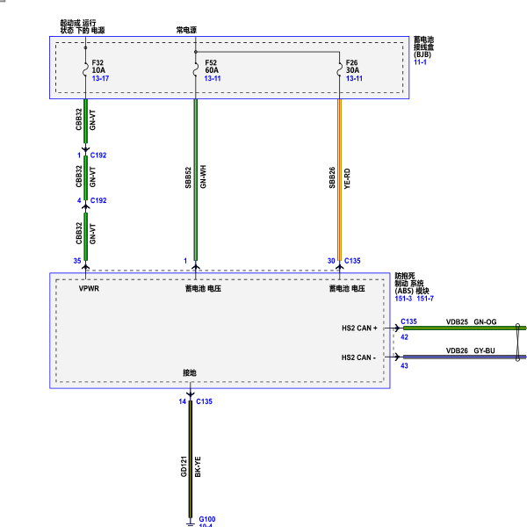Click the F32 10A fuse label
(98, 67)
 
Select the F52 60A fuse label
(212, 67)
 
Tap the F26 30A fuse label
(352, 67)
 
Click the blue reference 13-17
(100, 78)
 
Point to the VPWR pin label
(89, 288)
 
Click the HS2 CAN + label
(359, 328)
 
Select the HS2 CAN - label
(358, 357)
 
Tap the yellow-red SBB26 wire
(339, 180)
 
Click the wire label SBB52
(188, 177)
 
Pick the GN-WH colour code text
(203, 177)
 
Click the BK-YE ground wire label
(198, 467)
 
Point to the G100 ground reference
(207, 519)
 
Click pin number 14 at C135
(182, 401)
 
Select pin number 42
(404, 337)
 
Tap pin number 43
(404, 365)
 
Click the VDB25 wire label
(457, 321)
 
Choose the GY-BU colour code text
(484, 350)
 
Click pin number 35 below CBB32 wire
(77, 261)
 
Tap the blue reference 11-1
(420, 62)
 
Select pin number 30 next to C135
(331, 261)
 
